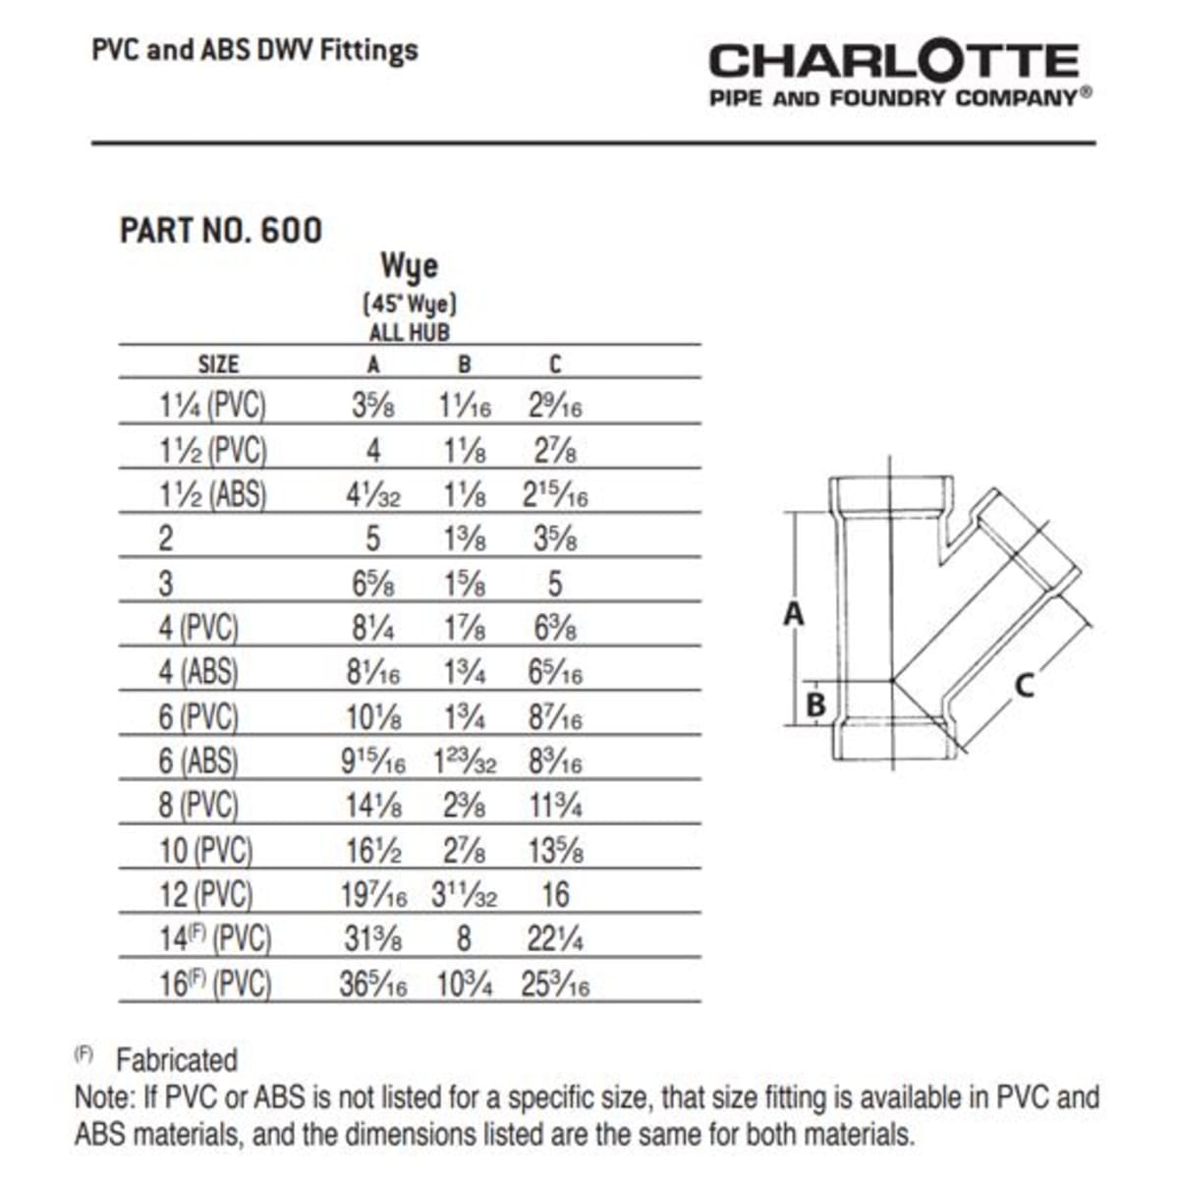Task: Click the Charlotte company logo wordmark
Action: [894, 61]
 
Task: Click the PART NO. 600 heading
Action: [221, 230]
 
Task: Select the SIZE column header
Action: [218, 365]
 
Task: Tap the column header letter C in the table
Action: [554, 365]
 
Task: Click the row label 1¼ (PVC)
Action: [213, 406]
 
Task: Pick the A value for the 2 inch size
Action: [373, 539]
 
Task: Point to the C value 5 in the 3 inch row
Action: [554, 584]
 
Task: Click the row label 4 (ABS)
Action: [198, 673]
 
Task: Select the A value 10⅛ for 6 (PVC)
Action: [373, 718]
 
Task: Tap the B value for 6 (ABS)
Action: [464, 762]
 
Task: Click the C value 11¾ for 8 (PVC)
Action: [555, 807]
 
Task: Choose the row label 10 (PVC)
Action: [206, 851]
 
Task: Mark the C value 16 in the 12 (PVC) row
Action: [555, 895]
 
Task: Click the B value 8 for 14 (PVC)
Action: [464, 939]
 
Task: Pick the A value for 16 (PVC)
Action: [373, 984]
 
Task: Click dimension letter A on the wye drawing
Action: [793, 614]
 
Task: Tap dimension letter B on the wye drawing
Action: [815, 704]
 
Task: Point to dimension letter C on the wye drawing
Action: [1024, 684]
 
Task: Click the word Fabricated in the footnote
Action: [177, 1060]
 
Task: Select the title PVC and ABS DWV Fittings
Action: [254, 50]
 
